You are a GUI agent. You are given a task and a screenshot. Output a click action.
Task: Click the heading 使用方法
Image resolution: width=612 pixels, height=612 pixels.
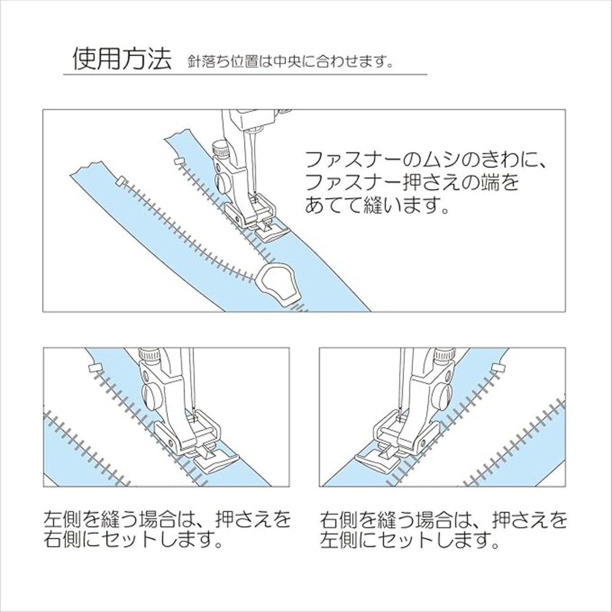click(x=122, y=59)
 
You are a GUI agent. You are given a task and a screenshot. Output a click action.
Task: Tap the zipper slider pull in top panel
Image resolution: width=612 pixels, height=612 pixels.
click(x=278, y=285)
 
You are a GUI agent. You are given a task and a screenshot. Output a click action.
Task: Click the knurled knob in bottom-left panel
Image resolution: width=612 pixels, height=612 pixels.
click(x=148, y=353)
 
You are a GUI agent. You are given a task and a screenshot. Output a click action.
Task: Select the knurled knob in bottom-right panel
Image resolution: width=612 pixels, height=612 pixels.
click(x=445, y=353)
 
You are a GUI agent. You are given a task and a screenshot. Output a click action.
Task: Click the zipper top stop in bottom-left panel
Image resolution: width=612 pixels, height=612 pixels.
click(x=94, y=369)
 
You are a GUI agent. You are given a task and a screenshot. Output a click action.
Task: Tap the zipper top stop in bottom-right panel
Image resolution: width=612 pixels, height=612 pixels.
click(x=498, y=368)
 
